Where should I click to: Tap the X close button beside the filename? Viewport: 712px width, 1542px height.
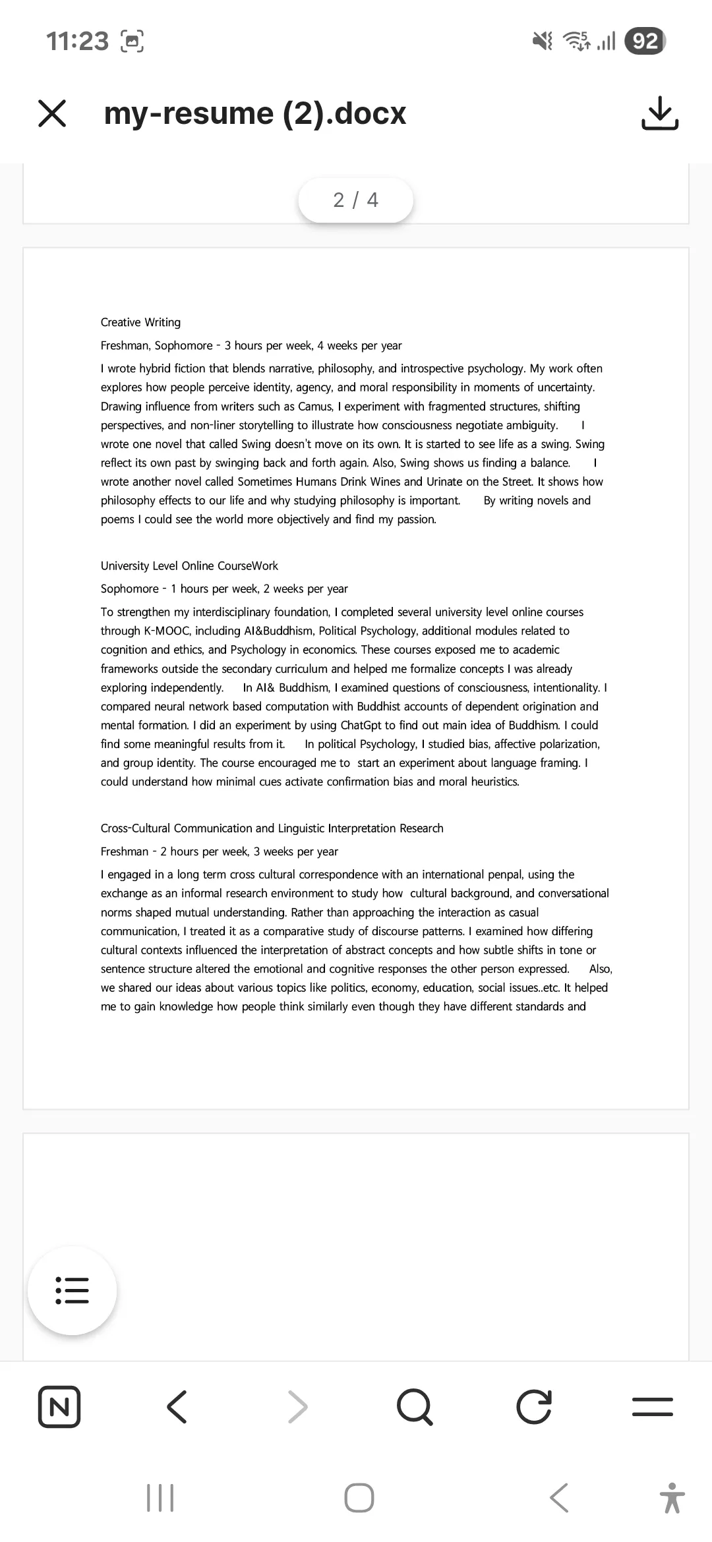pyautogui.click(x=52, y=113)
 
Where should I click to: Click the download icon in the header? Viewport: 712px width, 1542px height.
pyautogui.click(x=659, y=113)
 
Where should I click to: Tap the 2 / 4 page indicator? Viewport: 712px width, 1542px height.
pyautogui.click(x=355, y=200)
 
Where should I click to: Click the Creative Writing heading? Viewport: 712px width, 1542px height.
pyautogui.click(x=140, y=322)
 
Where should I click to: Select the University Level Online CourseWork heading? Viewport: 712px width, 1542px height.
pyautogui.click(x=189, y=565)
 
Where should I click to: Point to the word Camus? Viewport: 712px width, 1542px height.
pyautogui.click(x=315, y=406)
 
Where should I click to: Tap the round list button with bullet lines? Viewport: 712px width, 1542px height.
pyautogui.click(x=72, y=1290)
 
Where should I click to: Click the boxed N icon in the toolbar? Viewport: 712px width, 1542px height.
pyautogui.click(x=59, y=1407)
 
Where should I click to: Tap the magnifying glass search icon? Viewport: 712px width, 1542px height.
pyautogui.click(x=415, y=1407)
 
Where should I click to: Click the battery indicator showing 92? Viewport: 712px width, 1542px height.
pyautogui.click(x=645, y=41)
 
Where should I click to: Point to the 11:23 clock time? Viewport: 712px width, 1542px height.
pyautogui.click(x=77, y=41)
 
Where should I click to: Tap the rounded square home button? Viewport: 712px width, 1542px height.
pyautogui.click(x=359, y=1497)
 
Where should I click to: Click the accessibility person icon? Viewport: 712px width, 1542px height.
pyautogui.click(x=672, y=1497)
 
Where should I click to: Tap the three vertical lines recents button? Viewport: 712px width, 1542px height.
pyautogui.click(x=160, y=1497)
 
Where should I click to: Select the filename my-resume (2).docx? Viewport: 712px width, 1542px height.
pyautogui.click(x=255, y=113)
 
